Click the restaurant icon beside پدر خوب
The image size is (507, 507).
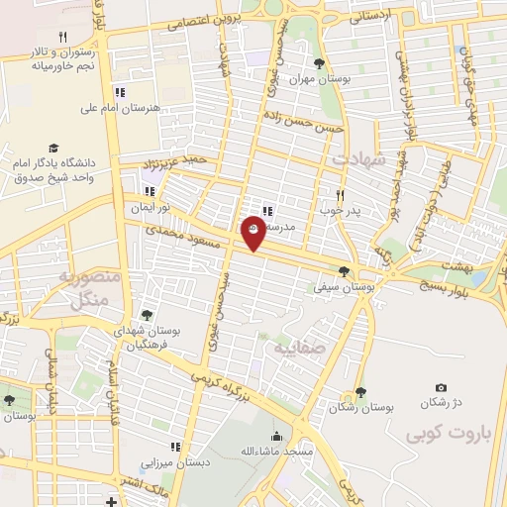coord(340,195)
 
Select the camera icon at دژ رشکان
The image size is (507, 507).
coord(441,387)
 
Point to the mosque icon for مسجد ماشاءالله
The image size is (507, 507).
coord(276,437)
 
